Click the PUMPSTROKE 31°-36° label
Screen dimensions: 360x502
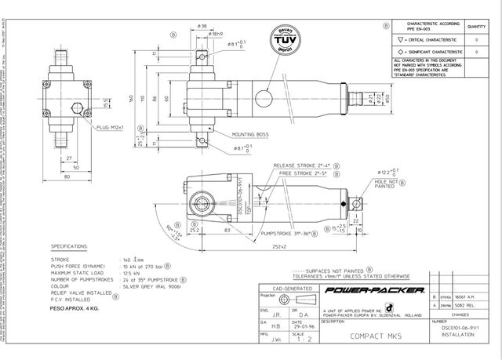296,232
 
